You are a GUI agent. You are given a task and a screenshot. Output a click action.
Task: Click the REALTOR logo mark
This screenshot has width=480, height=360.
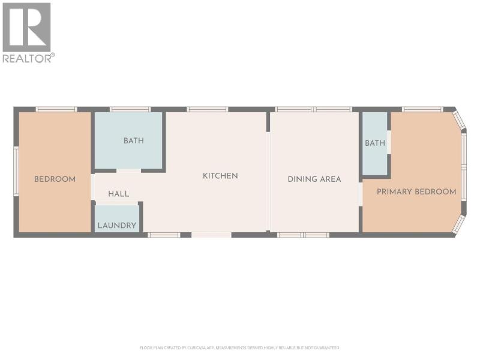26,27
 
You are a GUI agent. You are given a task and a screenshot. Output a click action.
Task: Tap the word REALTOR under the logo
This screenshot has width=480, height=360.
28,58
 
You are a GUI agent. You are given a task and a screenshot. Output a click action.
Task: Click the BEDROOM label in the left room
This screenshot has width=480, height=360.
55,179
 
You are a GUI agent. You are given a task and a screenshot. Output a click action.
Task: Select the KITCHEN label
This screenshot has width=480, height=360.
220,176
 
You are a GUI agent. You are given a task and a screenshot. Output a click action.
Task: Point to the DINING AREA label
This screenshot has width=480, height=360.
314,179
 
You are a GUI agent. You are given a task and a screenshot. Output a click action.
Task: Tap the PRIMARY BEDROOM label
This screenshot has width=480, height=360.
416,191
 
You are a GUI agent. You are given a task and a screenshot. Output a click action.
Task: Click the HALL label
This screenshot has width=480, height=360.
118,194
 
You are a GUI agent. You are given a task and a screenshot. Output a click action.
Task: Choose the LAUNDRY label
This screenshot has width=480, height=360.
117,226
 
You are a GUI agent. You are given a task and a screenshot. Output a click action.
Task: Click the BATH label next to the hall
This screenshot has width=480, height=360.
134,141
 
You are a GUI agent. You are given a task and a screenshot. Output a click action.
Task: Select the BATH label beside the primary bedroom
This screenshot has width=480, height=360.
375,143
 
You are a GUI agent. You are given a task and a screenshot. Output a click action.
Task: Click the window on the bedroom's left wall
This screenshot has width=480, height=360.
16,172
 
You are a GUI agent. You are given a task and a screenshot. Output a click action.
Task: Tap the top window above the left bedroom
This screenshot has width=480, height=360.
56,109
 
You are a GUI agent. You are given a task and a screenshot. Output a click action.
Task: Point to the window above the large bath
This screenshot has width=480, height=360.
130,109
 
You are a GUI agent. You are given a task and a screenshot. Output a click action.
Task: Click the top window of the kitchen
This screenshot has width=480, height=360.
208,109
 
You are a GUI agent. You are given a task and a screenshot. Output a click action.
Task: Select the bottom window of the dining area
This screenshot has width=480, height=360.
304,235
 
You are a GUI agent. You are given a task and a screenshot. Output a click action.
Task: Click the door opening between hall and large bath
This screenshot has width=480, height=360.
128,170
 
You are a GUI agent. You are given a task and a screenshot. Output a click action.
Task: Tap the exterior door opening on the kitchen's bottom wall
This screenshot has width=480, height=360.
212,235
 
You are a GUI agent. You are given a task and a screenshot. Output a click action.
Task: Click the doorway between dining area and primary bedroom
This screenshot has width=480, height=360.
361,194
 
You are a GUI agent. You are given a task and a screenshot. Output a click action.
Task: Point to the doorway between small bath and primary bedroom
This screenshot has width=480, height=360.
389,142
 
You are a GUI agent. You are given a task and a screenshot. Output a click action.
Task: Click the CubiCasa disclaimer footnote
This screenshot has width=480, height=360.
239,348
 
